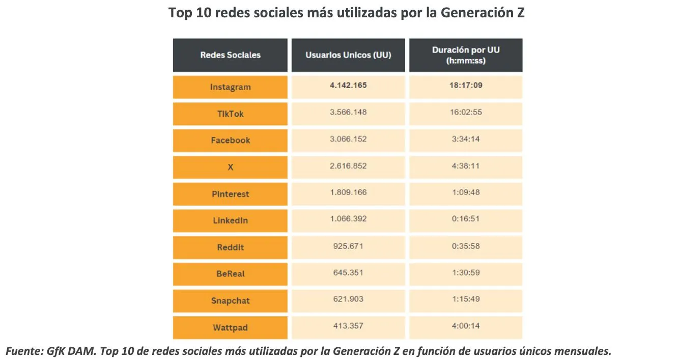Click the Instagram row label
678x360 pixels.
click(230, 87)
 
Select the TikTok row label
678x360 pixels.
click(230, 114)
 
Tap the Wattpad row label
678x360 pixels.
click(230, 328)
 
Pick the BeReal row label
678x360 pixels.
click(230, 274)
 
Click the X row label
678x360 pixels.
click(230, 167)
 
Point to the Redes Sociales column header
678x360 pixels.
click(230, 55)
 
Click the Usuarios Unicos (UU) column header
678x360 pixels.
click(348, 55)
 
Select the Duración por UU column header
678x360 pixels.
click(465, 55)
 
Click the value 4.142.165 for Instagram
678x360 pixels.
click(348, 86)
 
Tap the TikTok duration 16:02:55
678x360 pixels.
click(465, 112)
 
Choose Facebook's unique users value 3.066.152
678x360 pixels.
click(348, 139)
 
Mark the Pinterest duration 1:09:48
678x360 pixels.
click(465, 192)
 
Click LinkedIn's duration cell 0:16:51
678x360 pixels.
click(465, 219)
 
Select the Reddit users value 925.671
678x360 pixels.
click(348, 246)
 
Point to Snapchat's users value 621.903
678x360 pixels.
click(348, 299)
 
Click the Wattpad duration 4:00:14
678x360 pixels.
click(465, 326)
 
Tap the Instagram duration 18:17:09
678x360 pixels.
click(465, 86)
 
